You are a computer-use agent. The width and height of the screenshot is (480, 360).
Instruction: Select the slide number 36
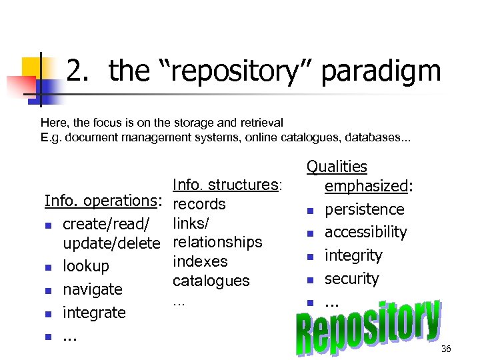pos(446,349)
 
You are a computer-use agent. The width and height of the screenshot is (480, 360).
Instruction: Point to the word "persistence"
pos(364,209)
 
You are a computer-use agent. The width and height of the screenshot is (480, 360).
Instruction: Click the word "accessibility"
pos(365,232)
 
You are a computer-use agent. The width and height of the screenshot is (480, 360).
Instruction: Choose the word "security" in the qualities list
pos(351,279)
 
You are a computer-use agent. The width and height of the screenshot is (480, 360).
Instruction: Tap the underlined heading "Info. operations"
pos(100,201)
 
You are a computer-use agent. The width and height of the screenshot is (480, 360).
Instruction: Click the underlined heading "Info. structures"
pos(225,185)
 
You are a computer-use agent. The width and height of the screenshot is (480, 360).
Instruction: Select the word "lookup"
pos(85,266)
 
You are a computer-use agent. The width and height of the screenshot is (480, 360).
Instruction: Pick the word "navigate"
pos(93,289)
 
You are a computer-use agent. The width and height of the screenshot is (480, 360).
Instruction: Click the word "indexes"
pos(200,261)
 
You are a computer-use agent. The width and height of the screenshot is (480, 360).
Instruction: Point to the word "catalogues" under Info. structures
pos(211,281)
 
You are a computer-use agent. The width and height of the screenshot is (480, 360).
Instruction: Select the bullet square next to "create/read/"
pos(49,223)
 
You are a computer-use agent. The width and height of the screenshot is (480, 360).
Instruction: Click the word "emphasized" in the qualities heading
pos(365,186)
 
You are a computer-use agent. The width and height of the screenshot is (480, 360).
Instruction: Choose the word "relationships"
pos(217,242)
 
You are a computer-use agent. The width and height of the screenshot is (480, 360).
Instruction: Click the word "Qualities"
pos(337,167)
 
